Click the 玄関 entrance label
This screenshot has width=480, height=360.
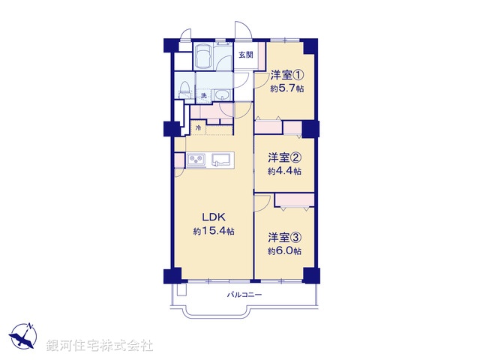[247, 55]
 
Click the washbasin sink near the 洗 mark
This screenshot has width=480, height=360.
[222, 95]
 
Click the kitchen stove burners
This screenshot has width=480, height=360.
[197, 160]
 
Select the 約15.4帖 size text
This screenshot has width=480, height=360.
[214, 232]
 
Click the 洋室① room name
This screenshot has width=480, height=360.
[286, 75]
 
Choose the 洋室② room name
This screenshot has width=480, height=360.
[285, 157]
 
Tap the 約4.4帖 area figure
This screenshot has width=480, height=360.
[285, 171]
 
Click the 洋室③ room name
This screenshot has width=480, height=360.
[285, 238]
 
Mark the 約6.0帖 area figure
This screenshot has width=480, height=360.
[285, 251]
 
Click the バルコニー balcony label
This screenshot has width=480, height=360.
[245, 295]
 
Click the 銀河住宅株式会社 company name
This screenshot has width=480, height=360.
[99, 345]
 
